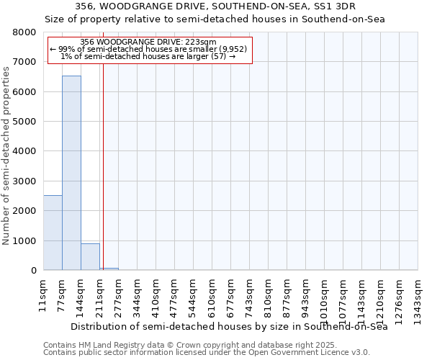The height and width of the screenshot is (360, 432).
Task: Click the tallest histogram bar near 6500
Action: tap(71, 173)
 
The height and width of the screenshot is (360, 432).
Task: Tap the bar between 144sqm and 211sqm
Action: tap(90, 257)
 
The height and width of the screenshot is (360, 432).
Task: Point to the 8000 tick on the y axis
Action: tap(24, 32)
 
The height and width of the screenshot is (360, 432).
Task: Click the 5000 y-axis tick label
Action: tap(24, 122)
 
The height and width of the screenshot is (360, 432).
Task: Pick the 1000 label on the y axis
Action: tap(24, 240)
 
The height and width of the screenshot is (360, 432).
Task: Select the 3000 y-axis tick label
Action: tap(24, 181)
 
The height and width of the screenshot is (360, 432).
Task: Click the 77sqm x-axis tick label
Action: tap(62, 295)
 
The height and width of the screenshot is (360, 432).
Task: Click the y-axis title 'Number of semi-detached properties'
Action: tap(6, 151)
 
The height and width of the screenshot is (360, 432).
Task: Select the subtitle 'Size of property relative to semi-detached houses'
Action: tap(215, 19)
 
